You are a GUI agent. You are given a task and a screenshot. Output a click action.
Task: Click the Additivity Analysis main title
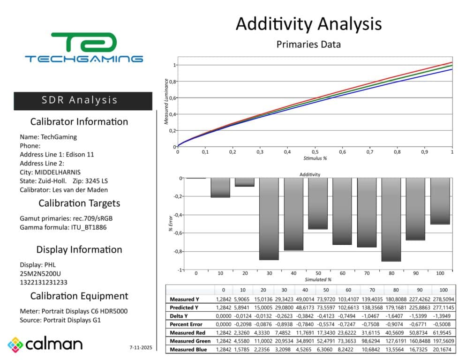308,24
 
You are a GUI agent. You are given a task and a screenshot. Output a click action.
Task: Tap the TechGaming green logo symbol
84,42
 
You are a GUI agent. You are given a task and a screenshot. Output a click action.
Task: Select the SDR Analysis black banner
83,101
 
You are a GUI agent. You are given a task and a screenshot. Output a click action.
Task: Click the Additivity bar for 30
269,219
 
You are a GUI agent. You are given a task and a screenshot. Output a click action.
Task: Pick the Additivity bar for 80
391,220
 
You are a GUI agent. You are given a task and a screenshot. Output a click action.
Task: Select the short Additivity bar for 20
245,182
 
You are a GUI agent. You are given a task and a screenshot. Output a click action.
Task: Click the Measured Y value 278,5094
443,300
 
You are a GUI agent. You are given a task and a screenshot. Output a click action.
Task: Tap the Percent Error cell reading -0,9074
396,324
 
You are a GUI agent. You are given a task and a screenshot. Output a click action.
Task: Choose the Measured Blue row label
188,350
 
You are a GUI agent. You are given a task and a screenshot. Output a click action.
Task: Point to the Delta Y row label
179,316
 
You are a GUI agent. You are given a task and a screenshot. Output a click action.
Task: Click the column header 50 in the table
326,290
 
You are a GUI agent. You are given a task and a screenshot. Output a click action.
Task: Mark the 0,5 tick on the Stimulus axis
315,152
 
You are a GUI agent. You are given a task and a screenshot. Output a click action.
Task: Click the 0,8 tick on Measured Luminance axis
173,82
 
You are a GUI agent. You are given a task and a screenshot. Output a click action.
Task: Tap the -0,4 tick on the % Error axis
178,215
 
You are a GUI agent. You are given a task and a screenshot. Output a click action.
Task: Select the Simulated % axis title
318,279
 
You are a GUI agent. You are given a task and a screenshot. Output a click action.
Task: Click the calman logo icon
15,345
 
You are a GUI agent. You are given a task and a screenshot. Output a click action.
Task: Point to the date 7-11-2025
141,347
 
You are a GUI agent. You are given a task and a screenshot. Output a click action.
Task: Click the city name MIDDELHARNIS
58,172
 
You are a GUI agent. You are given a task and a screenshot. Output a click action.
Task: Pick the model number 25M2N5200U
40,273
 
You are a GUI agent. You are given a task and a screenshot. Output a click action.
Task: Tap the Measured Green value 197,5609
443,341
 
